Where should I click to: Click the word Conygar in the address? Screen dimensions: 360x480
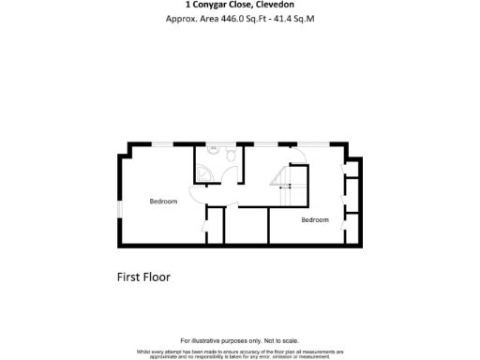pyautogui.click(x=224, y=5)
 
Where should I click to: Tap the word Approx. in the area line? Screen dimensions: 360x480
pyautogui.click(x=182, y=18)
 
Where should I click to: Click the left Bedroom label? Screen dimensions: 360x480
pyautogui.click(x=163, y=202)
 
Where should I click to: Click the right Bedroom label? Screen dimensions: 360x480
pyautogui.click(x=315, y=219)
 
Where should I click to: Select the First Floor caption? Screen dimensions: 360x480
pyautogui.click(x=142, y=277)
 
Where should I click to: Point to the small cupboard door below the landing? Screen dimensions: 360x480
pyautogui.click(x=207, y=225)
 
